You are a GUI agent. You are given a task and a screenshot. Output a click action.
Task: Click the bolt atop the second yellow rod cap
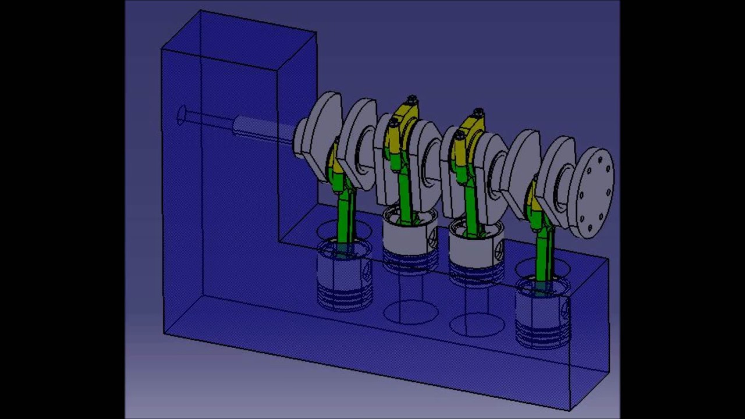click(412, 101)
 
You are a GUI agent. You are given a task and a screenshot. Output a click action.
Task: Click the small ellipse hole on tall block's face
click(182, 115)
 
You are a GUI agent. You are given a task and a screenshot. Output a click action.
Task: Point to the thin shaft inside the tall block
click(210, 122)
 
